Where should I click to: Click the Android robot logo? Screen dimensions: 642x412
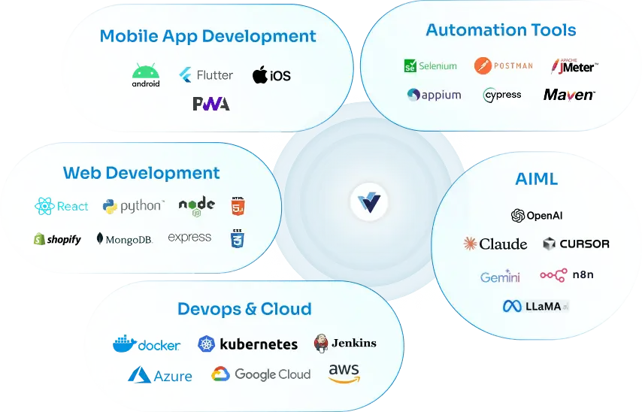pos(146,75)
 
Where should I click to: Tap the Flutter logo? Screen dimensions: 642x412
pos(206,75)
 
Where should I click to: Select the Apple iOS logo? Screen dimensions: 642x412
pos(271,75)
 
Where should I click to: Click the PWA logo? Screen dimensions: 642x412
pos(211,104)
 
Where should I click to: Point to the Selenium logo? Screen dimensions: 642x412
pos(430,66)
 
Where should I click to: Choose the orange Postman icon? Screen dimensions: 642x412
pos(483,65)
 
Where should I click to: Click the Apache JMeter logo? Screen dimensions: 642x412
pos(575,66)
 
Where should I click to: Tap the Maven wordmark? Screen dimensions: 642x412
pos(569,95)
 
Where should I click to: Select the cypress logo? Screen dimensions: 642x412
pos(502,95)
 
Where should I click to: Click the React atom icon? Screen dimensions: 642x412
pos(44,206)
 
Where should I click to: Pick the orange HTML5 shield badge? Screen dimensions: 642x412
pos(238,206)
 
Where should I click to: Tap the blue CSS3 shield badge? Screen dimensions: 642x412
pos(238,239)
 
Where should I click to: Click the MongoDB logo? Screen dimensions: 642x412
pos(125,239)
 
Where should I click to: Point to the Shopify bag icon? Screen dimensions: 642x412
pos(39,239)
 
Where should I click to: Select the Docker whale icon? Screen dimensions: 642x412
pos(125,343)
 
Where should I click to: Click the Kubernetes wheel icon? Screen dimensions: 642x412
pos(206,344)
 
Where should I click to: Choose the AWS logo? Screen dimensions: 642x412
pos(344,374)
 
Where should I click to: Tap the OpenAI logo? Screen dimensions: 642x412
pos(537,216)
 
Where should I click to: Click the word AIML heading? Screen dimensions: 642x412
pos(536,179)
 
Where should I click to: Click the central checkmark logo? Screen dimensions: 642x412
pos(369,202)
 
